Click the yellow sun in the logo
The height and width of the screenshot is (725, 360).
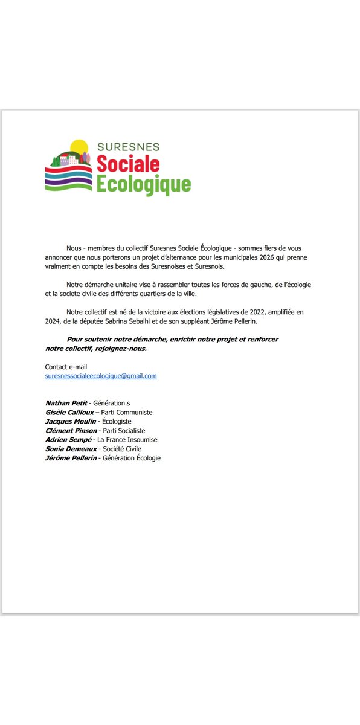click(79, 147)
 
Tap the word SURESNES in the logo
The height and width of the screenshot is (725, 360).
click(128, 147)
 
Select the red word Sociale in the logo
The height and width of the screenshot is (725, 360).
click(128, 163)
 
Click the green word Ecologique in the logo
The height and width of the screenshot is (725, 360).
click(144, 184)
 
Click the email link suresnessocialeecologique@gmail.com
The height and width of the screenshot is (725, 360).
click(101, 376)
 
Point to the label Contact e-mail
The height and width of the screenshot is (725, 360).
click(66, 367)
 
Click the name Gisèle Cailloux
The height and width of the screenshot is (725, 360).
click(69, 412)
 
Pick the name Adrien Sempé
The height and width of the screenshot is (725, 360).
click(67, 440)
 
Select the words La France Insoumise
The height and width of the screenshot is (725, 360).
click(127, 440)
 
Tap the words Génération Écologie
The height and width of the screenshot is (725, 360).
click(132, 458)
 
